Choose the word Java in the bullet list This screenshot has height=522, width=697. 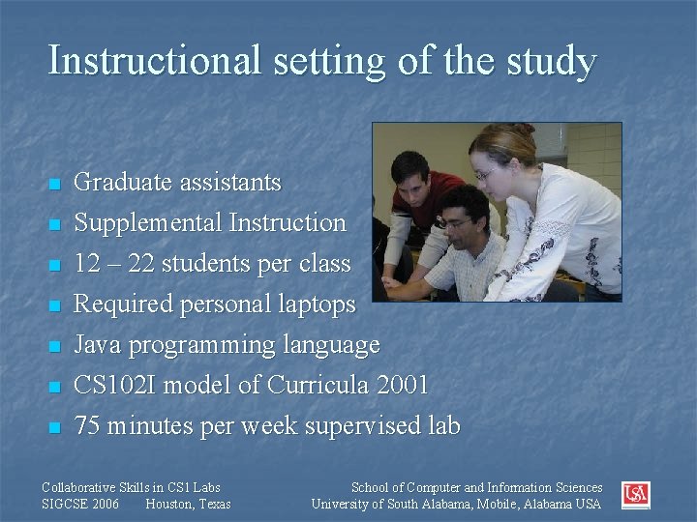(98, 345)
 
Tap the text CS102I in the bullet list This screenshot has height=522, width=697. (116, 386)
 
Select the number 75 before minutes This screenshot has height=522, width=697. (88, 426)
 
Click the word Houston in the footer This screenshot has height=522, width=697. (167, 504)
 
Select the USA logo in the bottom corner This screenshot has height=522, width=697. (636, 495)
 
